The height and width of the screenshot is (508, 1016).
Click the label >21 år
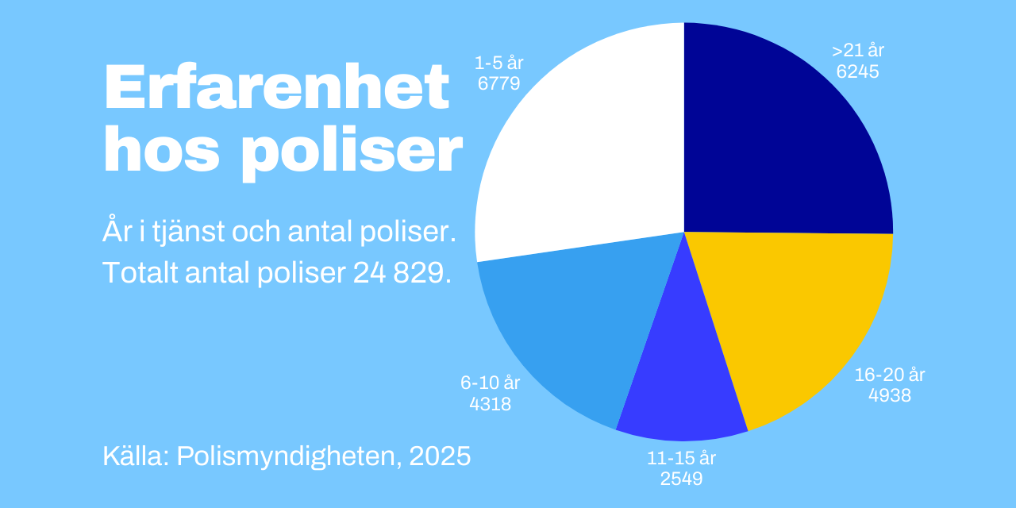coord(858,51)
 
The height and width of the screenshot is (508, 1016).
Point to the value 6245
coord(858,71)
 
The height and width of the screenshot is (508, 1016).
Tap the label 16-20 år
coord(889,375)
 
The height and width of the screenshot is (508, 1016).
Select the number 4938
coord(889,394)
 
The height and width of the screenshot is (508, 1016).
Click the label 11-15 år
coord(681,458)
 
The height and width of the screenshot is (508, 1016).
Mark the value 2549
coord(681,479)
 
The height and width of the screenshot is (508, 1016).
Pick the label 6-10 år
coord(490,383)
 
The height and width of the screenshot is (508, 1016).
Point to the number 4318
coord(490,403)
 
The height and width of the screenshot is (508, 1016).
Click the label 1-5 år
coord(499,62)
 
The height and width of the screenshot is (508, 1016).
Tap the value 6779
coord(499,83)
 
